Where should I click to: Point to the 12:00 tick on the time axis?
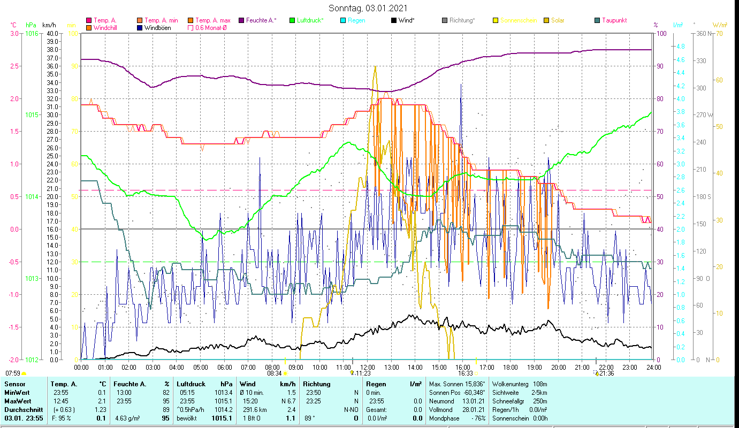pyautogui.click(x=368, y=367)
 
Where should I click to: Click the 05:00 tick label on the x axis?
pyautogui.click(x=200, y=367)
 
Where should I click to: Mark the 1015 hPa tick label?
pyautogui.click(x=32, y=115)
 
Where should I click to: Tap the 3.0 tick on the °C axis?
pyautogui.click(x=14, y=34)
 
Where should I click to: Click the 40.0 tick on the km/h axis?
pyautogui.click(x=52, y=34)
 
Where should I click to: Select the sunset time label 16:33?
pyautogui.click(x=465, y=373)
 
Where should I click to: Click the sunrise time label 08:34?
pyautogui.click(x=273, y=373)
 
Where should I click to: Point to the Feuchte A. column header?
pyautogui.click(x=129, y=384)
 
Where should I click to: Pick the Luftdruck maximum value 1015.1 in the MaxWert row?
pyautogui.click(x=223, y=401)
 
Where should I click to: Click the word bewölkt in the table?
pyautogui.click(x=187, y=418)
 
